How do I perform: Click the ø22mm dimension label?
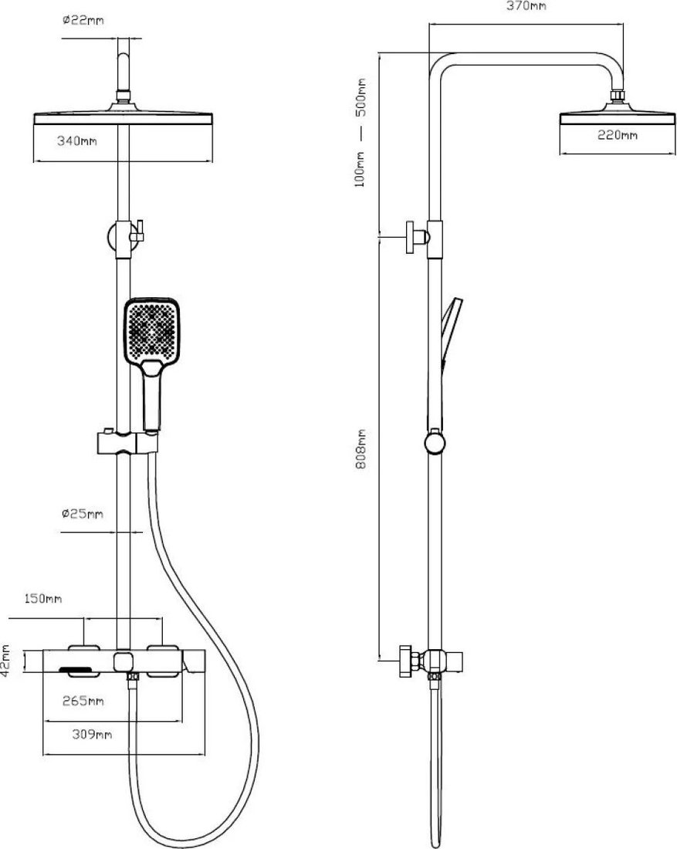point(83,21)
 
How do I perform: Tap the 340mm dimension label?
point(77,140)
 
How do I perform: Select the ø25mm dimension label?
point(83,512)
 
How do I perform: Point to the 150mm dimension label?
point(43,598)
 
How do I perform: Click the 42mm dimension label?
point(6,659)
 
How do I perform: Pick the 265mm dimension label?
point(83,701)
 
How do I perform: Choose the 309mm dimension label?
point(92,734)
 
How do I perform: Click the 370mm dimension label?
point(526,6)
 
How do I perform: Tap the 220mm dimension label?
point(618,135)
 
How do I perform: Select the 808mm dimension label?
point(361,449)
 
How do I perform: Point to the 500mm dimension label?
point(361,97)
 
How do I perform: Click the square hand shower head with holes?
point(152,330)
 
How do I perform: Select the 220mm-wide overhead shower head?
point(618,118)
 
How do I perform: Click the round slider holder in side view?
point(435,441)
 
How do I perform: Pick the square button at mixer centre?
point(123,661)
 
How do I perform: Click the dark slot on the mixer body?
point(80,672)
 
